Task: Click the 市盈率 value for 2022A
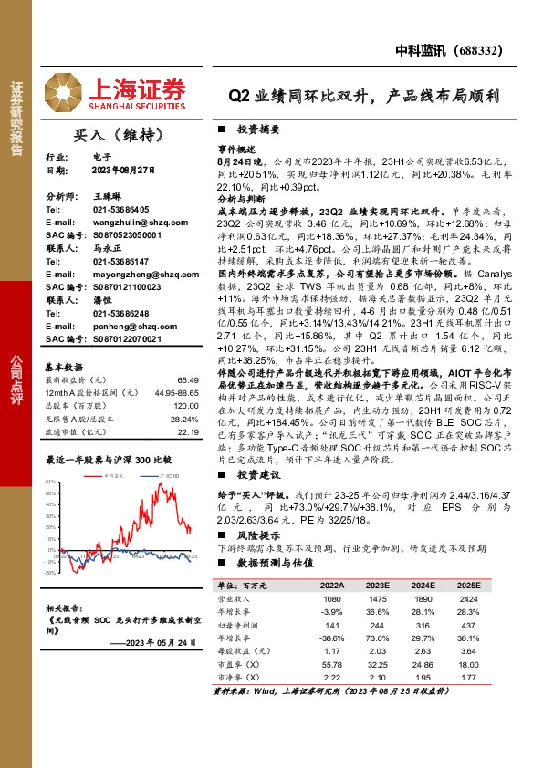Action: point(330,667)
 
